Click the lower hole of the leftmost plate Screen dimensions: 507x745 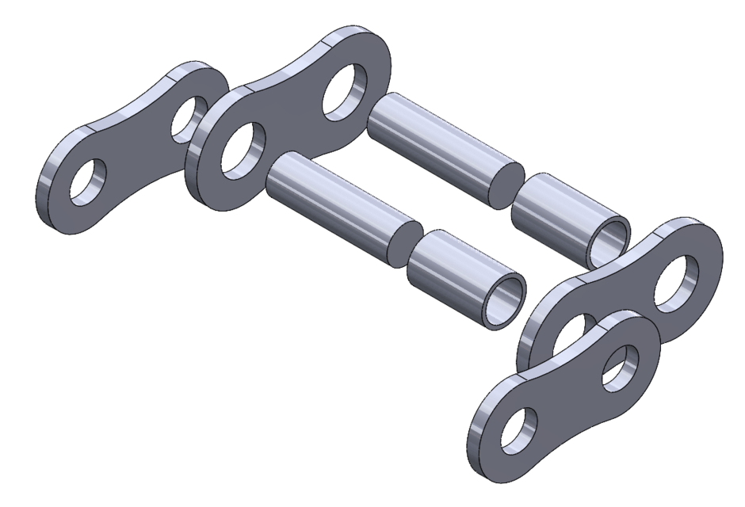coord(86,184)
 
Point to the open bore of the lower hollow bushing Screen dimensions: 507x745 coord(506,300)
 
